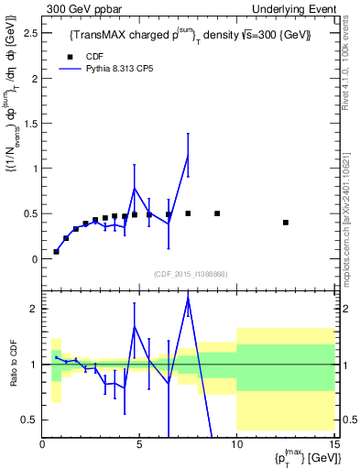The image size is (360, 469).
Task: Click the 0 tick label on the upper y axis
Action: pos(32,259)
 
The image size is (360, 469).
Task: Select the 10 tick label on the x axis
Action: pos(236,444)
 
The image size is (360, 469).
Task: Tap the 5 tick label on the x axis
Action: pos(139,444)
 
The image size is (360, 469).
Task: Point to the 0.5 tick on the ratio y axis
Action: pos(27,420)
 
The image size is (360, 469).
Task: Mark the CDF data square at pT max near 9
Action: pos(217,213)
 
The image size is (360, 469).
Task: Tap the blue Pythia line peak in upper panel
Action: pos(188,155)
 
